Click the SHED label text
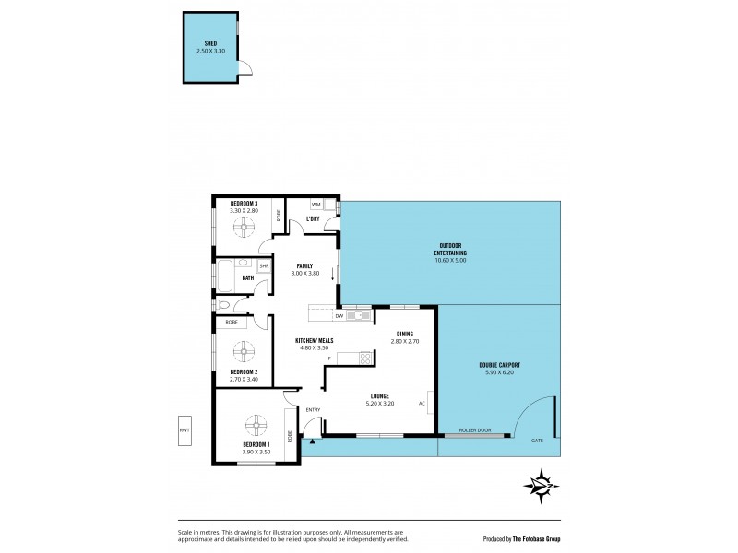pos(210,43)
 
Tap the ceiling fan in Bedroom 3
pos(244,228)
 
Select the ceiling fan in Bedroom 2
pos(244,350)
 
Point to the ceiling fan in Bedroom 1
pos(256,426)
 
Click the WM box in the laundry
pos(315,205)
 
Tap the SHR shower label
pos(264,266)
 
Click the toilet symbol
pos(224,306)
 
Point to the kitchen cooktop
pos(364,359)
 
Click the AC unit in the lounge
pos(431,403)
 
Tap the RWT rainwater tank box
pos(185,429)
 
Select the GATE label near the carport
pos(537,441)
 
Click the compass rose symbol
pos(540,484)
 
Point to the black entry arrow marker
pos(313,441)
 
